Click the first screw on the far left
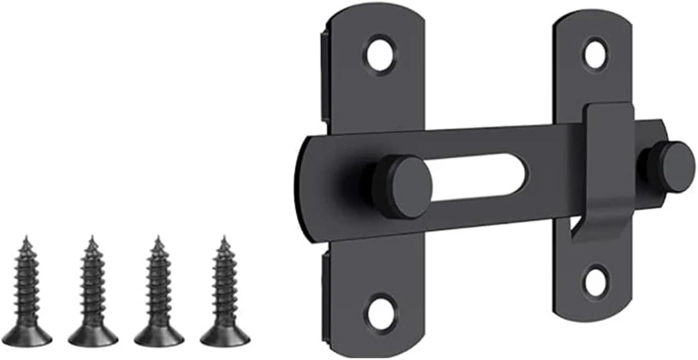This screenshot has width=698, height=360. coord(27,292)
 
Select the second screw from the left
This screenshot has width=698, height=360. coord(93,292)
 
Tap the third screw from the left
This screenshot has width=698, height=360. coord(159,292)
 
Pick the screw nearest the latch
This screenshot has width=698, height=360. coord(224,292)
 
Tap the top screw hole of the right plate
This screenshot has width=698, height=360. coord(596,54)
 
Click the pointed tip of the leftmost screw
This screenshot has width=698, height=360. coord(26,238)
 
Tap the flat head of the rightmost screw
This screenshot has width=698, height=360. coord(225,336)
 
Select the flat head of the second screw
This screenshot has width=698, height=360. coord(93,336)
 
